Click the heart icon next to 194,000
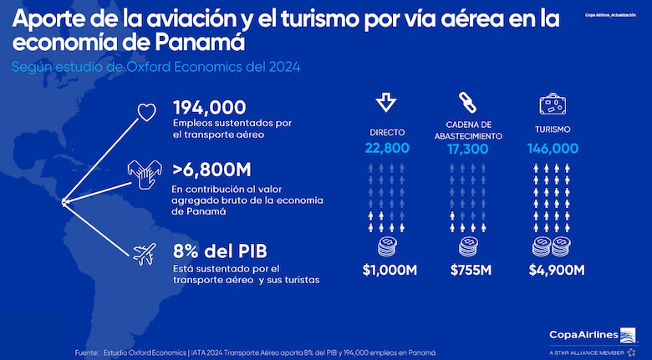[146, 114]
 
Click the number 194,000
[209, 107]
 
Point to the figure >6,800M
[211, 170]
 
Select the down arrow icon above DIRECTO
[386, 103]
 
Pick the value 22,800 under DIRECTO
[386, 148]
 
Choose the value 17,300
[468, 148]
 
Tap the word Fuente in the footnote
[86, 352]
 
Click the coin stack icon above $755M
[468, 246]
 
